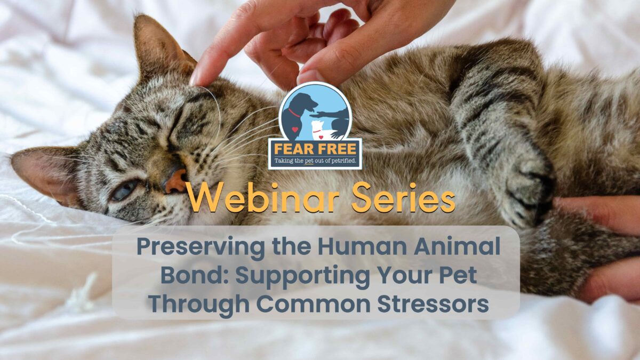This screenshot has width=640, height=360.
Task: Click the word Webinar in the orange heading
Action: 263,197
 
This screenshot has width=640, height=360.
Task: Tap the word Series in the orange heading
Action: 403,197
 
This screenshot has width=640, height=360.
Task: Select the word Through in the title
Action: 199,305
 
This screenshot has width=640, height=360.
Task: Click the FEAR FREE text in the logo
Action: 315,149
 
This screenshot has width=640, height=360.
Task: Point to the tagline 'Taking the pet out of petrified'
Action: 315,161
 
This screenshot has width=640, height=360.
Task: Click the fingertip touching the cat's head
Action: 198,77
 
